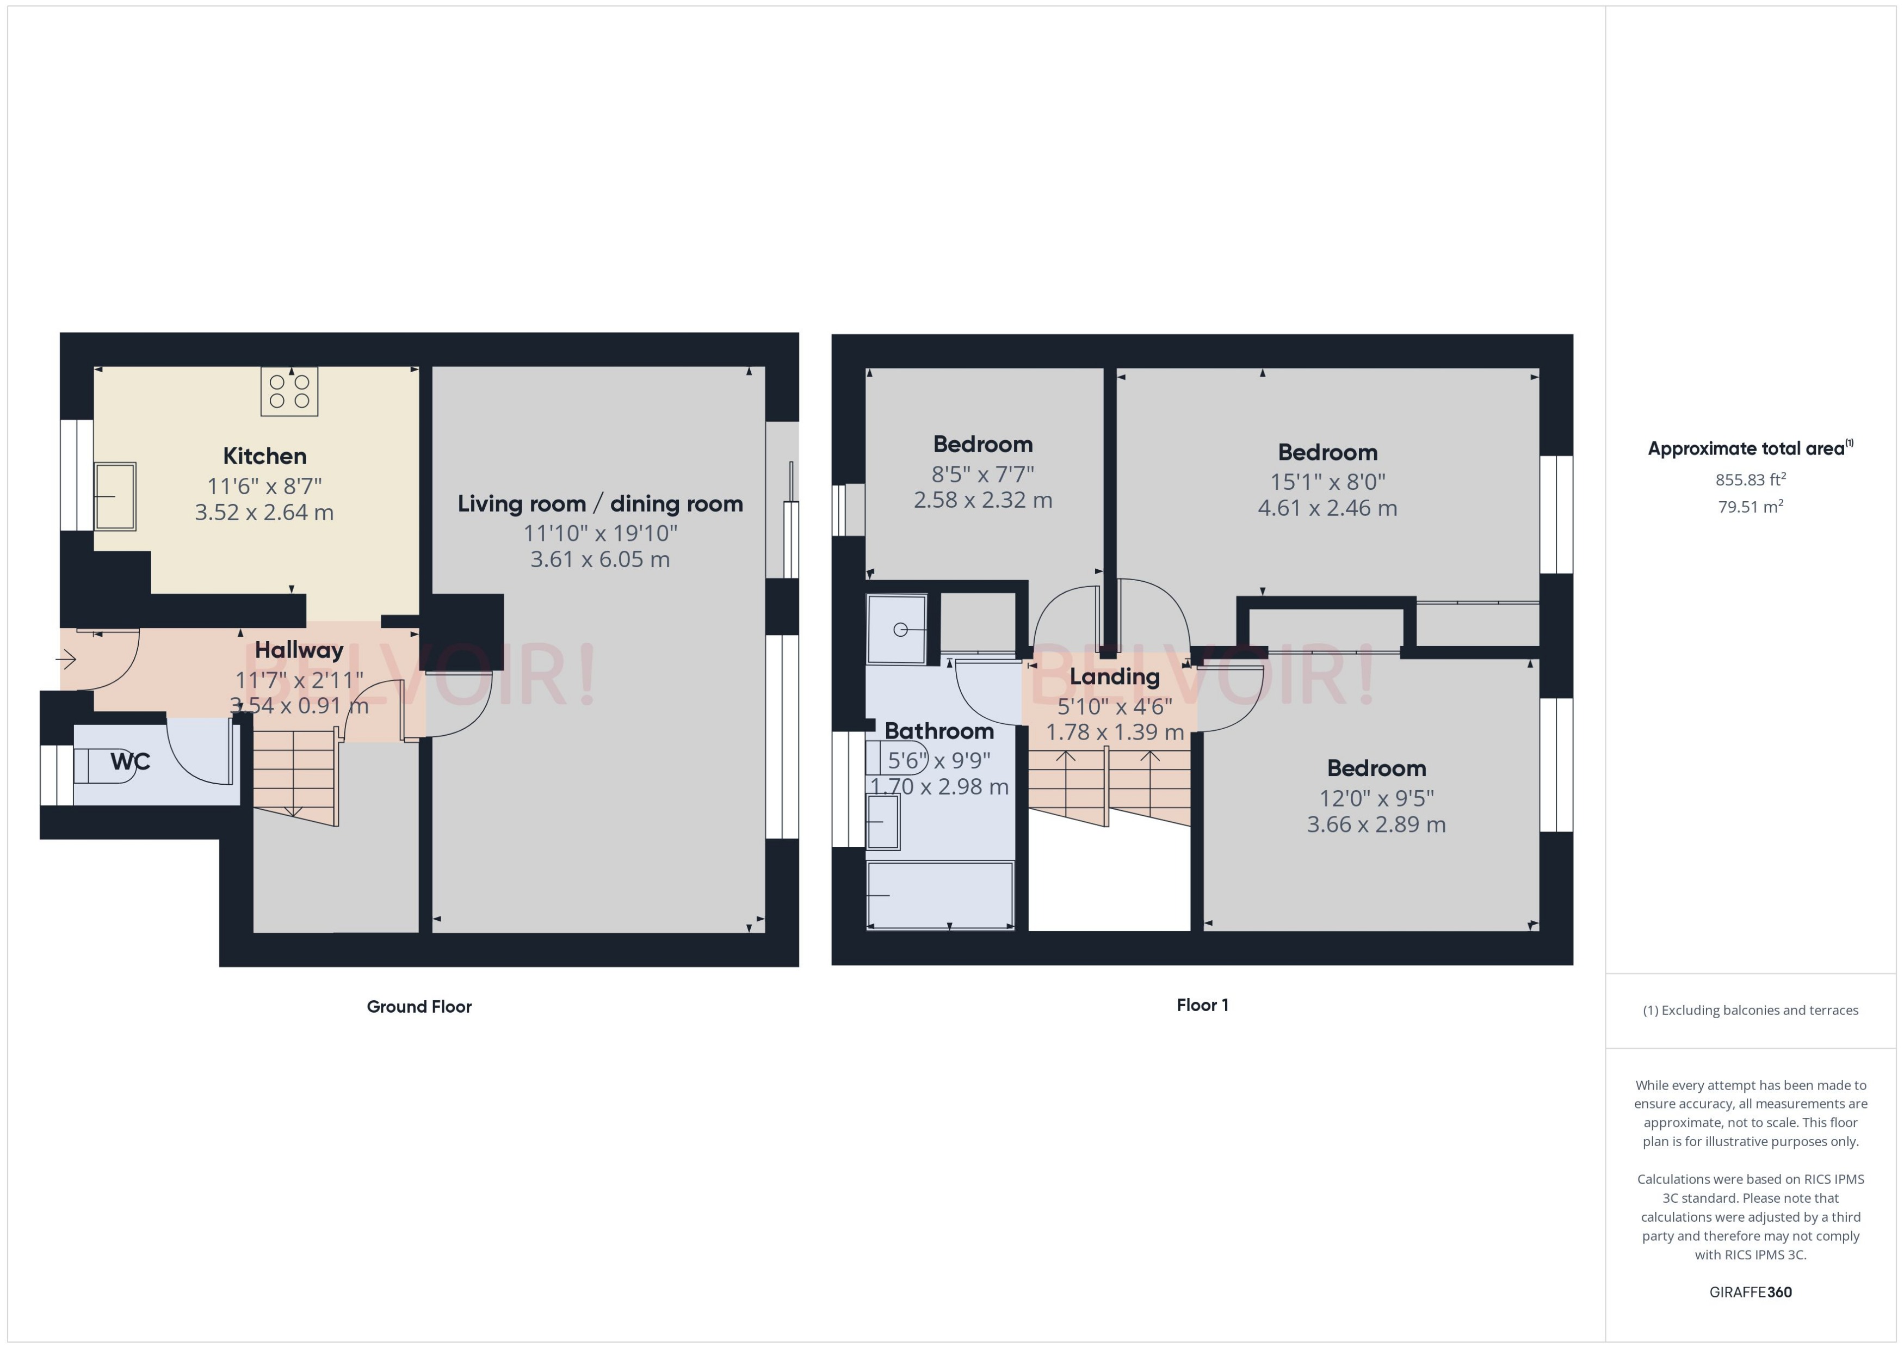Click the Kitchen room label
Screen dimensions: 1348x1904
point(264,456)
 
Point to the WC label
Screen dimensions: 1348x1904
point(130,762)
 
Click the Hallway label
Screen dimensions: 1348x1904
point(299,650)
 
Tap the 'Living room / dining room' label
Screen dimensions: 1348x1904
point(600,504)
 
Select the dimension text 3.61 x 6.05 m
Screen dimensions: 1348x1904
point(600,559)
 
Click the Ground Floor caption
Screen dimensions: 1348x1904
point(419,1007)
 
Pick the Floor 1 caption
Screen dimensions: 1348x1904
point(1202,1005)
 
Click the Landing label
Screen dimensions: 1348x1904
point(1114,676)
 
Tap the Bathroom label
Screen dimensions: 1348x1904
point(939,731)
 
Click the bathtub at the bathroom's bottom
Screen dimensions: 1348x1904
point(940,895)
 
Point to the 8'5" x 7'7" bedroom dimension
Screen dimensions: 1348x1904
point(983,474)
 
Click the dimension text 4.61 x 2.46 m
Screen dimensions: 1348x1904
point(1327,508)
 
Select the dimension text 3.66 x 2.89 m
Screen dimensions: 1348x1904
point(1376,825)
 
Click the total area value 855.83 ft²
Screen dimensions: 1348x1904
point(1751,480)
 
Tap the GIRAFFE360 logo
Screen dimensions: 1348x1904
point(1751,1292)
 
